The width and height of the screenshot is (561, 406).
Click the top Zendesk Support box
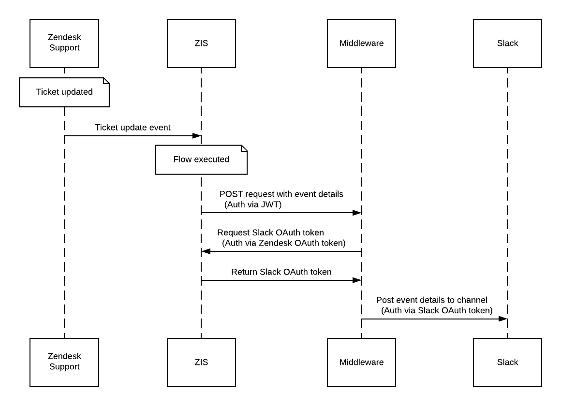(64, 43)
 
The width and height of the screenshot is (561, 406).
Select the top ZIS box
(202, 43)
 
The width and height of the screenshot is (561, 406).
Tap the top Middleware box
(361, 43)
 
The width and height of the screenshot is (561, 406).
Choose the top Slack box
(507, 43)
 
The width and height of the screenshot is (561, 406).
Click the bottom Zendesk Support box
(64, 362)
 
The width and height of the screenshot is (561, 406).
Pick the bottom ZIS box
(202, 362)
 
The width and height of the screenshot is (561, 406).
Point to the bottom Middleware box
(361, 362)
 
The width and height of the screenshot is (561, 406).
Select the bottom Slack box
(507, 362)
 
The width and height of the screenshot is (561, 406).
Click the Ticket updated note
(64, 92)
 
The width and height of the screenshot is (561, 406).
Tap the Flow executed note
(202, 160)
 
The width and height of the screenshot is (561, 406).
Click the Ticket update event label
(133, 128)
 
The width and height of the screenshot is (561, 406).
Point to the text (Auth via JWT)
(253, 204)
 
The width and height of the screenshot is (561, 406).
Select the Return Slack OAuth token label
(281, 272)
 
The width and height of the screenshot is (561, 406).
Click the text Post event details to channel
(432, 300)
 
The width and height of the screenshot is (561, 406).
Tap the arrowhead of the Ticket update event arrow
(197, 136)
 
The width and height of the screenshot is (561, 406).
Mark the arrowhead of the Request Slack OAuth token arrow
(206, 251)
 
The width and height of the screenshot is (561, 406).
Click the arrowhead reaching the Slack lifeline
(503, 319)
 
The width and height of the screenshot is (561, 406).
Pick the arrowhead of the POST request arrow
(357, 213)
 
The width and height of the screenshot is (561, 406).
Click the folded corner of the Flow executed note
(244, 148)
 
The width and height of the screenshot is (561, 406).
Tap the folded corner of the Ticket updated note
(106, 81)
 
